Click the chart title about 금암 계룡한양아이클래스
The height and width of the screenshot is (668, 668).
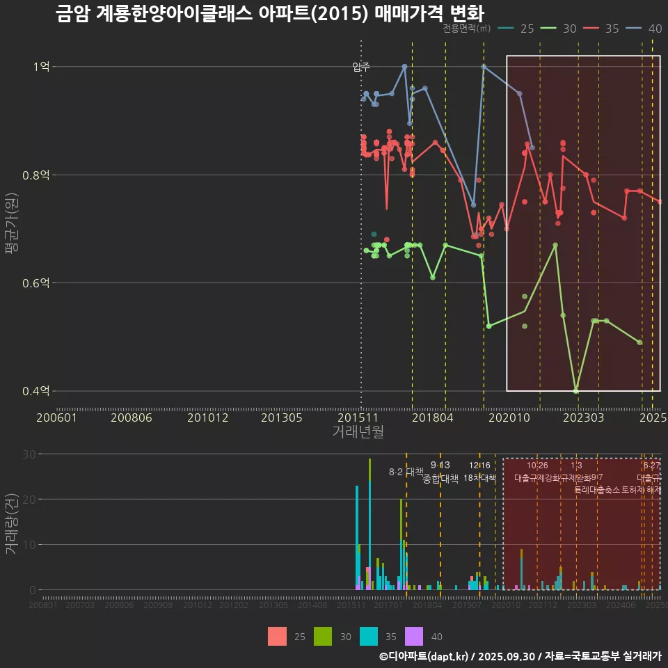coord(269,13)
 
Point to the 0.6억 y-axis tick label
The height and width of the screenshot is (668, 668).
coord(35,283)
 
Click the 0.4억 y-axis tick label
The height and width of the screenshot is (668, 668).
coord(35,391)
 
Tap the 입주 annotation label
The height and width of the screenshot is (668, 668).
coord(360,67)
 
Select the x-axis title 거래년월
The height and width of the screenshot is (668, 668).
coord(358,431)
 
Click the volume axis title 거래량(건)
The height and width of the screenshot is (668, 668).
coord(12,523)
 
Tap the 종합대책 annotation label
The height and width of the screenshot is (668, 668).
coord(440,479)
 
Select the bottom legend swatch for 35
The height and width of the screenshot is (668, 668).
coord(369,636)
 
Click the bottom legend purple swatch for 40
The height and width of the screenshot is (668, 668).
coord(413,636)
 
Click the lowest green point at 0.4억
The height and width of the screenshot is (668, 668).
coord(575,390)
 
